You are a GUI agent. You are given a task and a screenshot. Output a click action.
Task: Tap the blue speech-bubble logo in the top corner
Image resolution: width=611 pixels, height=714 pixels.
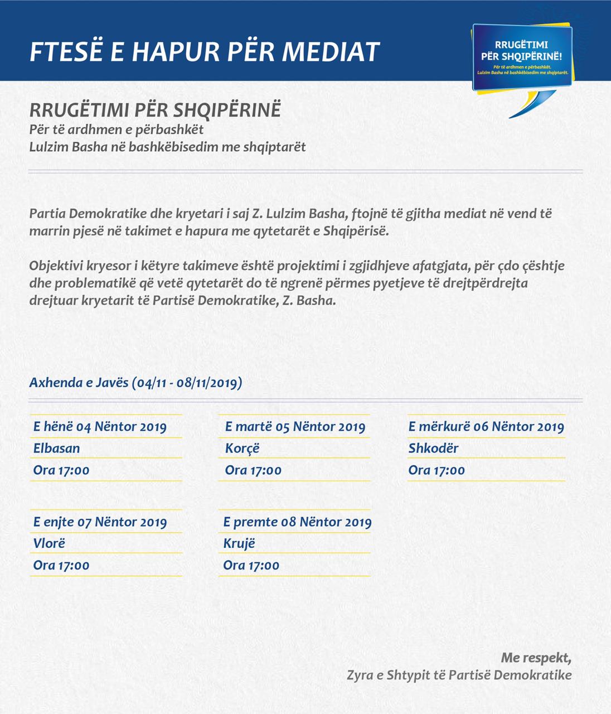pos(522,58)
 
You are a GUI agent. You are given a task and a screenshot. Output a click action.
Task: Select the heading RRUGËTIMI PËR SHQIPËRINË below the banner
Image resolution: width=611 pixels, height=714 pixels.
pos(155,110)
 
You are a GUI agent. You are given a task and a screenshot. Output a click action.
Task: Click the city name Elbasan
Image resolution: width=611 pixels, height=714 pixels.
pos(56,448)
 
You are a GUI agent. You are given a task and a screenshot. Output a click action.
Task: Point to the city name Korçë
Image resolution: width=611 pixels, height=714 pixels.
pos(242,448)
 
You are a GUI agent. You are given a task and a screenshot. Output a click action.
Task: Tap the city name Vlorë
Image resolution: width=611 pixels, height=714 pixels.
pos(49,543)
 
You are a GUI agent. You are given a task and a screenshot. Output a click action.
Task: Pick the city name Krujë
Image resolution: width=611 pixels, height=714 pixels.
pos(239,543)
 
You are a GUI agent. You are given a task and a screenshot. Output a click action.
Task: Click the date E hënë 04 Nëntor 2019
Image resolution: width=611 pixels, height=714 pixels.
pos(100,427)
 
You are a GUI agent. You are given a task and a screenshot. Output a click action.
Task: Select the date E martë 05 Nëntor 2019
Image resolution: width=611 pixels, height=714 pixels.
pos(295,427)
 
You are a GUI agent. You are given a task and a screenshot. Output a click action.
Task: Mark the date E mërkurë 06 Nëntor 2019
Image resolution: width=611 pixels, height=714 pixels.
pos(486,427)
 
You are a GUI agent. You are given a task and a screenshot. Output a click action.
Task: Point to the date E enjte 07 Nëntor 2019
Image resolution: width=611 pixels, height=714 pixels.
pos(100,522)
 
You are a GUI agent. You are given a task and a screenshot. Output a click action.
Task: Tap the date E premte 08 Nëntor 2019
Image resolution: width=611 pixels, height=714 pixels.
pos(297,522)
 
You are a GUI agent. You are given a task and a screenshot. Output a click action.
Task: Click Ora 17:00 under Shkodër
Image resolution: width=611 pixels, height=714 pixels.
pos(437,470)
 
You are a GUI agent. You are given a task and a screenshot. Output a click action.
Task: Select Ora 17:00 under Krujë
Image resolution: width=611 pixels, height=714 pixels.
pos(251,566)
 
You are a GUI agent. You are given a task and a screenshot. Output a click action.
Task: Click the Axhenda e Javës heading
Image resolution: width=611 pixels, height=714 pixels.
pos(135,383)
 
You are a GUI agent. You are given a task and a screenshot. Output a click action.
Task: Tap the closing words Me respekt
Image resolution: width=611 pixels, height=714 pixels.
pos(536,658)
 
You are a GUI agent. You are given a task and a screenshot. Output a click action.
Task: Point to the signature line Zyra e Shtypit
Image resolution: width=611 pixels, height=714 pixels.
pos(459,675)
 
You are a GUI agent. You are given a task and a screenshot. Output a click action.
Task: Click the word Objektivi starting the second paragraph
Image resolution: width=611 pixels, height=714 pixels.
pos(56,266)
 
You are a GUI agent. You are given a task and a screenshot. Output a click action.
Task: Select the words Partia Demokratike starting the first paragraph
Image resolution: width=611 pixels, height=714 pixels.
pos(88,214)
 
